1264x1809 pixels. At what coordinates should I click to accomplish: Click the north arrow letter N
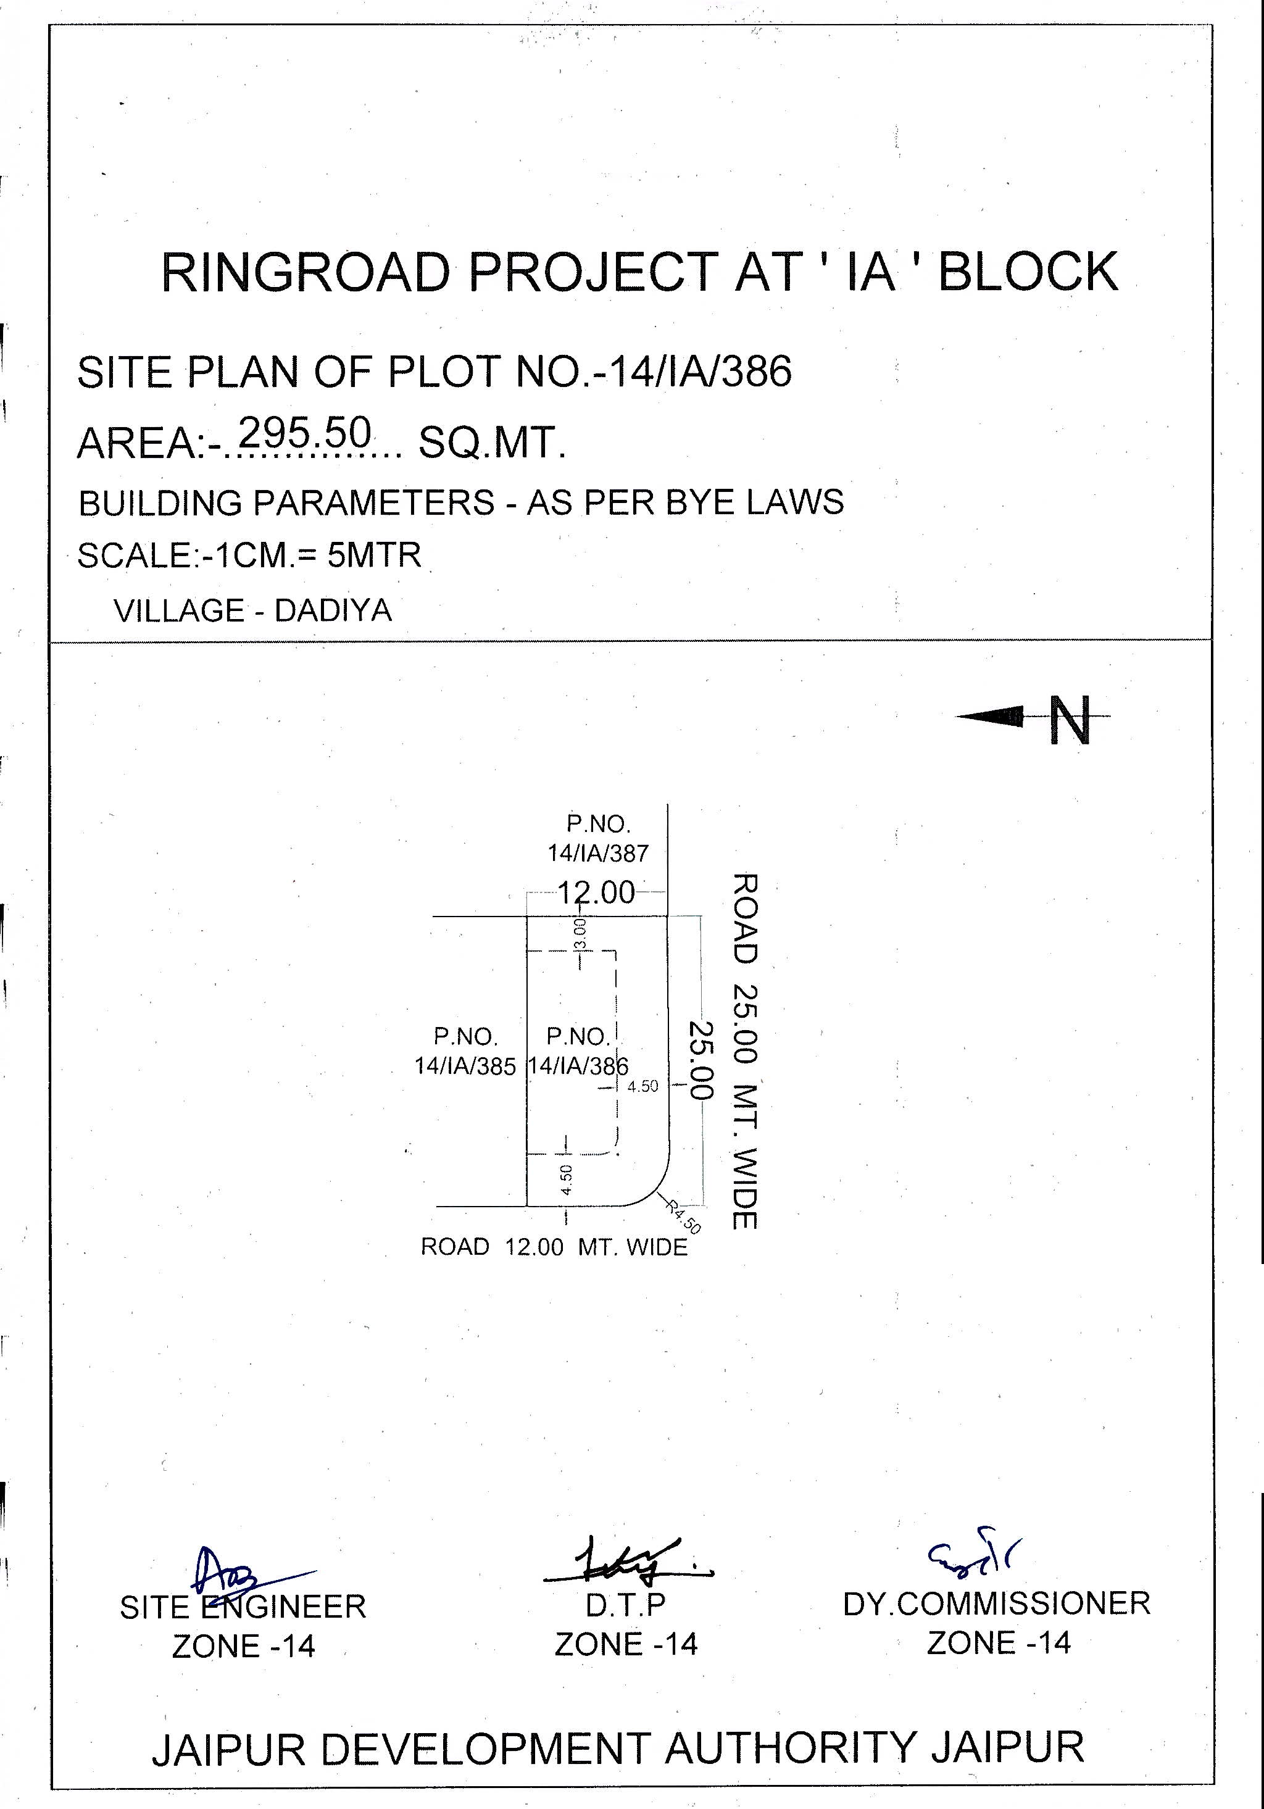tap(1070, 720)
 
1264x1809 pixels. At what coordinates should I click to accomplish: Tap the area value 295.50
tap(304, 433)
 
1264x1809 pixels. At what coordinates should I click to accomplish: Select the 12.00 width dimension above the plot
tap(596, 892)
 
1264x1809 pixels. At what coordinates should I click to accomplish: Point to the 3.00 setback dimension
tap(580, 934)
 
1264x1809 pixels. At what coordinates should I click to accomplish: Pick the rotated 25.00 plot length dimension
tap(701, 1060)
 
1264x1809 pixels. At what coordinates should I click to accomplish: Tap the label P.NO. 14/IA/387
tap(598, 838)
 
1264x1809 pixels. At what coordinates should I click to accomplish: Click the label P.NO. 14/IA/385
tap(465, 1051)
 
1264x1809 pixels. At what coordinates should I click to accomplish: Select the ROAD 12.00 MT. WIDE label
tap(554, 1247)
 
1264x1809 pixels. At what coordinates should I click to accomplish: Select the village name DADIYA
tap(333, 610)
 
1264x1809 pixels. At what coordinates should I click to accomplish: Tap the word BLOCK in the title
tap(1028, 273)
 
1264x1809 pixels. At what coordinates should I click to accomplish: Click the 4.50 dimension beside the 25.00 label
tap(642, 1086)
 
